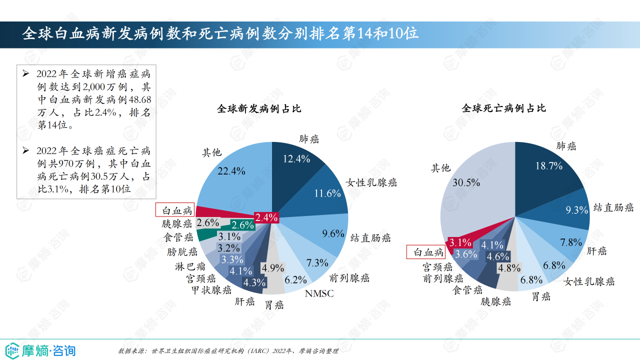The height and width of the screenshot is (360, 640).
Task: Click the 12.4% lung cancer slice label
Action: (296, 159)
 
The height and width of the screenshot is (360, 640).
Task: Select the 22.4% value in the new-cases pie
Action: (231, 171)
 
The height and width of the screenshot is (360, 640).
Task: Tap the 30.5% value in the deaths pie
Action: (466, 182)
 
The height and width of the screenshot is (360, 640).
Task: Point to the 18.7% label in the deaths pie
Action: (549, 166)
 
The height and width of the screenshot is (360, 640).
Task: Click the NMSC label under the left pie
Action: (319, 293)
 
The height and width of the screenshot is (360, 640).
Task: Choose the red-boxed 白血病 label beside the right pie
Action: (426, 252)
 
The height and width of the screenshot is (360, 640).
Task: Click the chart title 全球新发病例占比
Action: (259, 108)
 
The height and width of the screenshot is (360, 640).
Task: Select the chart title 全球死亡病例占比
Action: (503, 108)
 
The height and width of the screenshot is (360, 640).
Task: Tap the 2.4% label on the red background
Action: (266, 217)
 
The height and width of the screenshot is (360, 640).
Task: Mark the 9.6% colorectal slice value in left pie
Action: (333, 233)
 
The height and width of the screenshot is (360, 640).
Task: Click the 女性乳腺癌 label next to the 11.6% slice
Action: (371, 182)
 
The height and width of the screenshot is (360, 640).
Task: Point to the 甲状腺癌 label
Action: (211, 290)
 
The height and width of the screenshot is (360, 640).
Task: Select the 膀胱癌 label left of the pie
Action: (182, 252)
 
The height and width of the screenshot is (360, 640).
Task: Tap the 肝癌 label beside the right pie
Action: (596, 251)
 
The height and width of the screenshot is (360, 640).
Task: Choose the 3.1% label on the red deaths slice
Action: (460, 243)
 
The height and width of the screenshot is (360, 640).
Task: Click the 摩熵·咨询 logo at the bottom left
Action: (40, 349)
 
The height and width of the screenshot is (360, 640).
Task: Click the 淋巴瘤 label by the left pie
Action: (190, 266)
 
